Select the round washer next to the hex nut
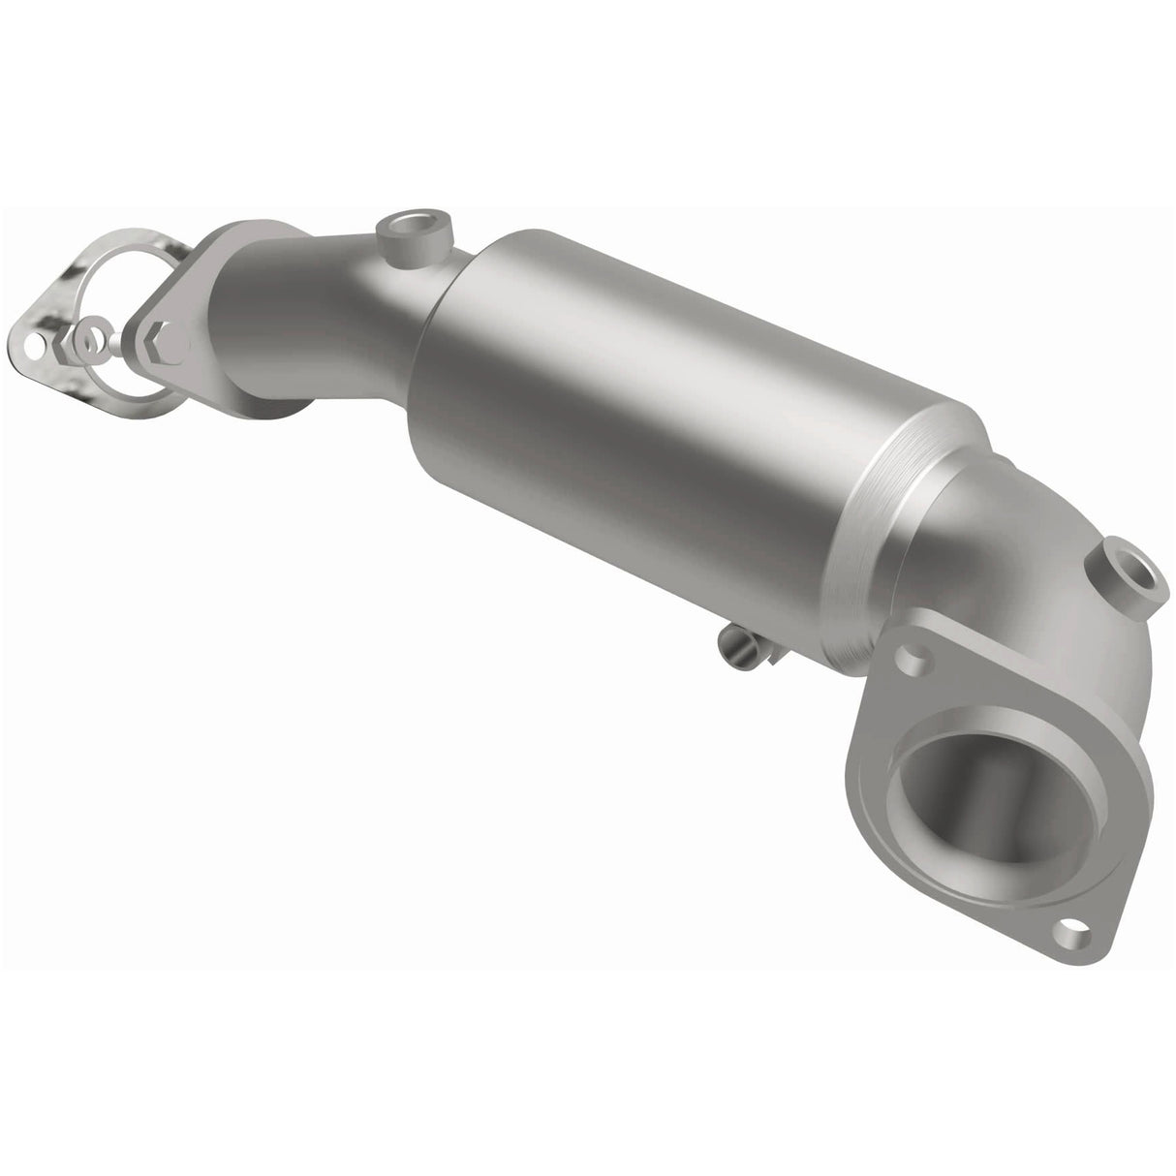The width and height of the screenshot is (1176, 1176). pyautogui.click(x=92, y=340)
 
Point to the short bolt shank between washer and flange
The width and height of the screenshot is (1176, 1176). pyautogui.click(x=121, y=341)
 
